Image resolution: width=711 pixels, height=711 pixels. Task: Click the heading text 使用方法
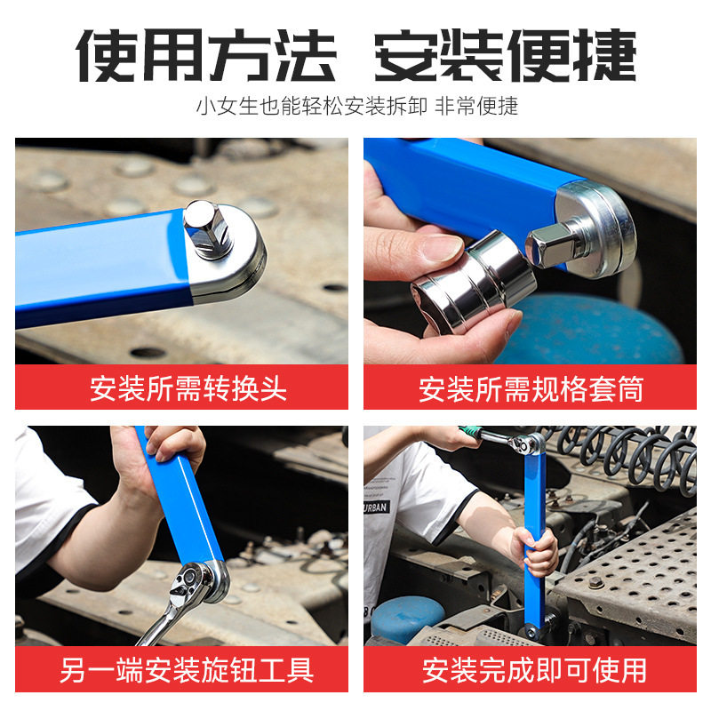[206, 55]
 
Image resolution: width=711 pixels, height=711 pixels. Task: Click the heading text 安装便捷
[506, 55]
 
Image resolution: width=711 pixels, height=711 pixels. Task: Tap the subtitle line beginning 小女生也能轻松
[357, 107]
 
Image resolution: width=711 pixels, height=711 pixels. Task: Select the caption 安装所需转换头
[188, 388]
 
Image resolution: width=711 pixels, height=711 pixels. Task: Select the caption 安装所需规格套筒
[531, 388]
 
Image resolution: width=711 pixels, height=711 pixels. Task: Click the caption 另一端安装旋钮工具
[187, 670]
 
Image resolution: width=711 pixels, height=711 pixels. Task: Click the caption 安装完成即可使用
[534, 670]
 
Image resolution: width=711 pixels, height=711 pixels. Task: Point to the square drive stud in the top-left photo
[208, 229]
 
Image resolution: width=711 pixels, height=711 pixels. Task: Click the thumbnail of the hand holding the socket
[530, 251]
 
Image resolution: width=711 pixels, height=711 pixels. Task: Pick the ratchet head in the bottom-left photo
[193, 584]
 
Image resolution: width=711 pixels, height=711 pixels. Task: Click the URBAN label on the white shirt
[376, 507]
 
